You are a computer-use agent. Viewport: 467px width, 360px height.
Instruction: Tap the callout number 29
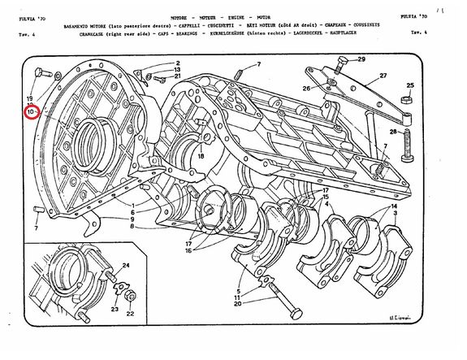pos(361,59)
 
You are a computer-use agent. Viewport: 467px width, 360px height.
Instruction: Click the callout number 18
pos(200,155)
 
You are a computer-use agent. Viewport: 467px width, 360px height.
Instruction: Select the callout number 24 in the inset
pos(127,267)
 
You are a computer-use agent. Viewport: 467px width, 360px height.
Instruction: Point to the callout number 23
pos(115,310)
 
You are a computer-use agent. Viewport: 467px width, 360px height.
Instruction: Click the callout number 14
pos(395,207)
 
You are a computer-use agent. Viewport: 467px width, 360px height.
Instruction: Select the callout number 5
pos(237,290)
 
